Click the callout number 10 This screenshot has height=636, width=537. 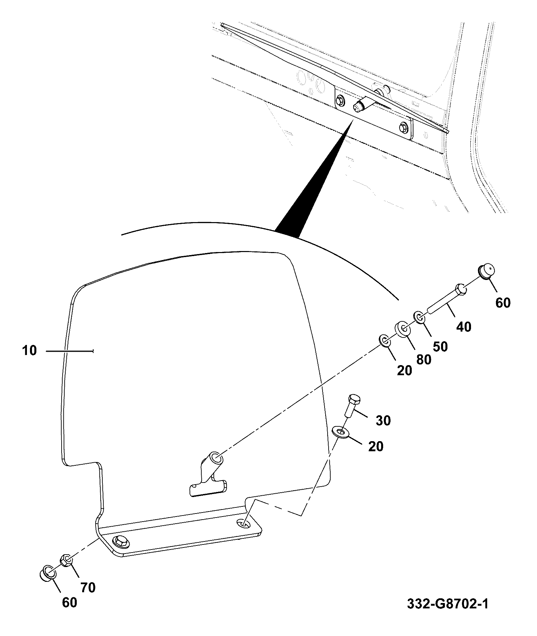pyautogui.click(x=29, y=351)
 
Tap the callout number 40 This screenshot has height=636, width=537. pyautogui.click(x=464, y=326)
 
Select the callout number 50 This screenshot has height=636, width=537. pyautogui.click(x=440, y=347)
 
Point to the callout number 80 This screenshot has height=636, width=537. pyautogui.click(x=423, y=359)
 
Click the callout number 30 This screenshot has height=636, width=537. pyautogui.click(x=383, y=420)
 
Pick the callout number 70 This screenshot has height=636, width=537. pyautogui.click(x=88, y=587)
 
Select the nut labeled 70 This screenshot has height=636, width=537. pyautogui.click(x=66, y=561)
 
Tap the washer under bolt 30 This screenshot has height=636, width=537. pyautogui.click(x=340, y=431)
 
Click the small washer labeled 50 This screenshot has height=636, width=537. pyautogui.click(x=419, y=317)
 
